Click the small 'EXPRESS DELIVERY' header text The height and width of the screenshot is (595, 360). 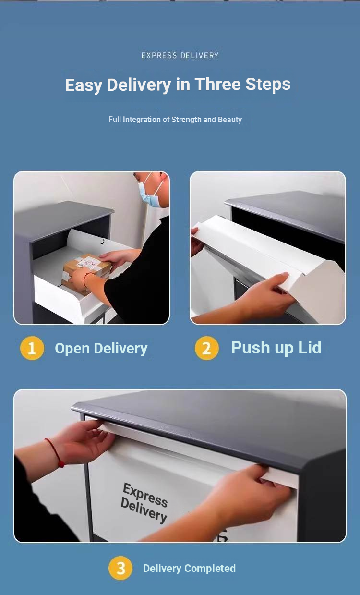[180, 55]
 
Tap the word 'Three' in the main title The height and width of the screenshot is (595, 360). [218, 84]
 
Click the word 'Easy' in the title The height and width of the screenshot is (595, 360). [84, 85]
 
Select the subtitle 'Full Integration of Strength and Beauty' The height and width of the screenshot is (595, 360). [175, 120]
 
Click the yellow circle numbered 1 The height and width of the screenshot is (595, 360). [32, 348]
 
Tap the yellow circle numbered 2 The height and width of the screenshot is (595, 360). [206, 348]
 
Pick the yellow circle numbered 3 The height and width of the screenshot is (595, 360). [120, 568]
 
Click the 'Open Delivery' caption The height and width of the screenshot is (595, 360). [101, 349]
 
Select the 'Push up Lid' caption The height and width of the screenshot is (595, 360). [276, 348]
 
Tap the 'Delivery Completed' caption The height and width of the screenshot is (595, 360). [189, 568]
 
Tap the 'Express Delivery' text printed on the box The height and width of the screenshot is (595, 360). [144, 503]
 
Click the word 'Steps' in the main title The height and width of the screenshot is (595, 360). [268, 85]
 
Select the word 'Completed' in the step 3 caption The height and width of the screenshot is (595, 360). [210, 569]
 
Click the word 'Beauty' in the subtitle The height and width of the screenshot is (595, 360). [230, 120]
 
